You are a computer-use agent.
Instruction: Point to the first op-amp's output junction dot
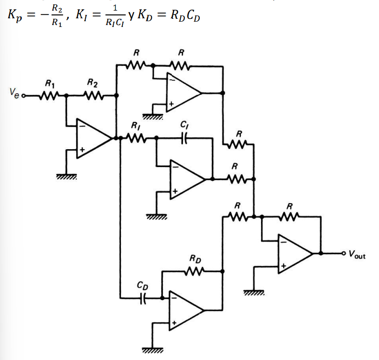pos(117,138)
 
